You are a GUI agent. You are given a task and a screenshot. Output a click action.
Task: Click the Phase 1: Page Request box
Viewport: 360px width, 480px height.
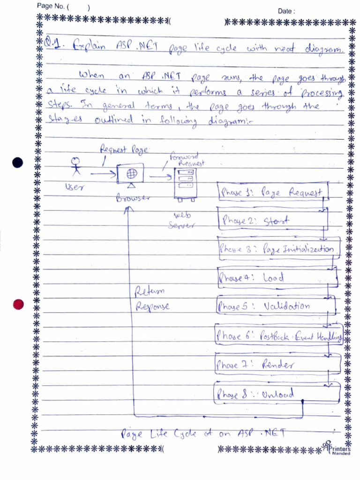point(271,192)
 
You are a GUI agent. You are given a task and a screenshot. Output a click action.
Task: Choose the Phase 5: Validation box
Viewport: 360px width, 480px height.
point(276,307)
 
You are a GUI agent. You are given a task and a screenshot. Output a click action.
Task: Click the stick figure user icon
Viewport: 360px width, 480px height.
point(75,167)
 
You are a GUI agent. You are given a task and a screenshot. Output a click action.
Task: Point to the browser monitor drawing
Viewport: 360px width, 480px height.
point(131,174)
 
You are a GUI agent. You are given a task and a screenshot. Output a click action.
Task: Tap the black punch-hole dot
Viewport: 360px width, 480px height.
point(18,163)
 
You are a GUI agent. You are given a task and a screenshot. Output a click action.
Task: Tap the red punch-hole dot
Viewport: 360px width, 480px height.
point(18,304)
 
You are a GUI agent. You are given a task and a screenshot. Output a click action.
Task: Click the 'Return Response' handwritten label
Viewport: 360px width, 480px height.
point(152,300)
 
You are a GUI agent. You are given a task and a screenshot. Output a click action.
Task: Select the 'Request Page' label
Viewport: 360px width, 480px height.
point(124,150)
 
